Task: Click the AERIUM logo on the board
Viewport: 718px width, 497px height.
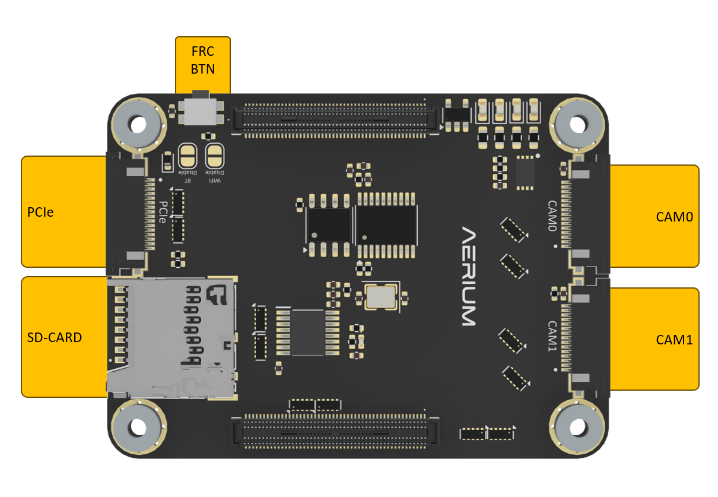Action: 469,276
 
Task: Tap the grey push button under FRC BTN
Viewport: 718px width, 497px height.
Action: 201,110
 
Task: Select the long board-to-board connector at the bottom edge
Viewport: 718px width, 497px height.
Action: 336,432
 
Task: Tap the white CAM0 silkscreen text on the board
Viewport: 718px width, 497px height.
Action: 552,216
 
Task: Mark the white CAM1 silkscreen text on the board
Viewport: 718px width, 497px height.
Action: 552,336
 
